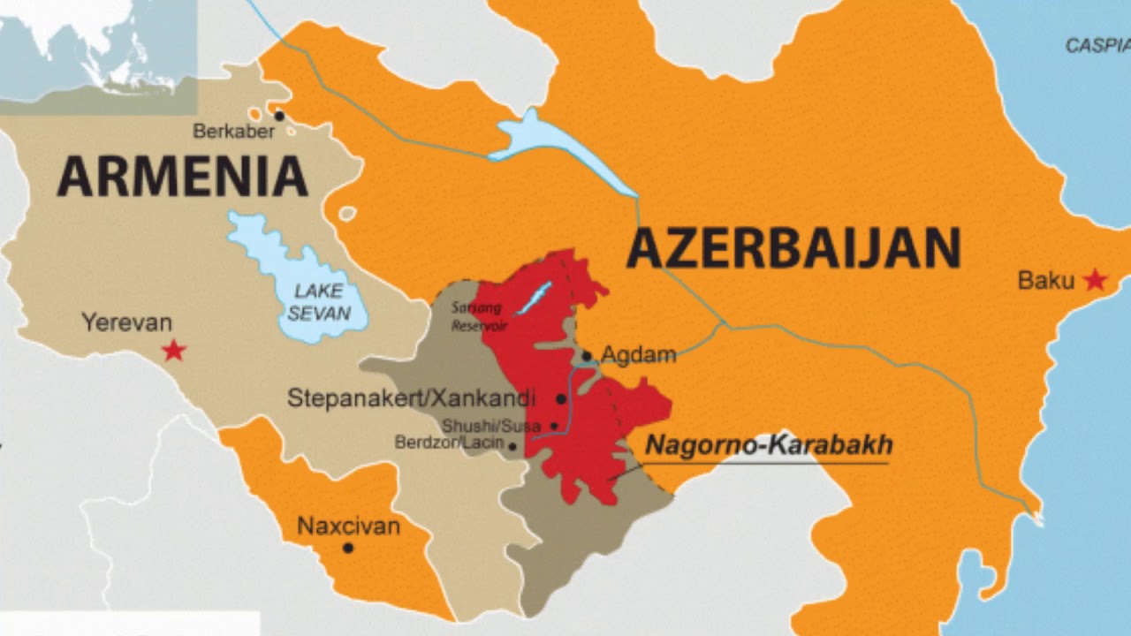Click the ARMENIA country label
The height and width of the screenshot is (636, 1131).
[182, 176]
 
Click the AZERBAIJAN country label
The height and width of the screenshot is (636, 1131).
[793, 248]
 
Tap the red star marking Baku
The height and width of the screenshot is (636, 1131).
[1095, 281]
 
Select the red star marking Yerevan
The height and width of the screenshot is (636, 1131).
[174, 351]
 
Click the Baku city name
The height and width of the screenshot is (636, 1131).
[1046, 281]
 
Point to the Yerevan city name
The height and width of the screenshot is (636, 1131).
[126, 322]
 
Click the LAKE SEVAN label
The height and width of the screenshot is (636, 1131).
[319, 302]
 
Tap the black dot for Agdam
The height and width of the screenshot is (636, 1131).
[587, 357]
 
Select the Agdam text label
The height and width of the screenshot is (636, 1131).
[638, 355]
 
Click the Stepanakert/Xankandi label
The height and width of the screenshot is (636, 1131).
[411, 398]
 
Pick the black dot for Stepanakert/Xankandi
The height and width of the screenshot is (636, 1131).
[561, 399]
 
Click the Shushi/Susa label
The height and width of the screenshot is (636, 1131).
[491, 427]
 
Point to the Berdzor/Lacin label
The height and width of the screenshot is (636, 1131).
[449, 443]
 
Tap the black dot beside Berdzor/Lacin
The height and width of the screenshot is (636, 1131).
[512, 446]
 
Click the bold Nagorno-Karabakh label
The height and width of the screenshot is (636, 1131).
[769, 445]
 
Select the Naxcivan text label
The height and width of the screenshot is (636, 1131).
[348, 527]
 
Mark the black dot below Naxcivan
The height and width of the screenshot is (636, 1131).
[348, 548]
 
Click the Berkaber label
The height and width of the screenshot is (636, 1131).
[233, 132]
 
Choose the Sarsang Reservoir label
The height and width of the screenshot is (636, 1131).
[478, 316]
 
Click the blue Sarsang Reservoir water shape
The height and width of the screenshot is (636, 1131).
[534, 298]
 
